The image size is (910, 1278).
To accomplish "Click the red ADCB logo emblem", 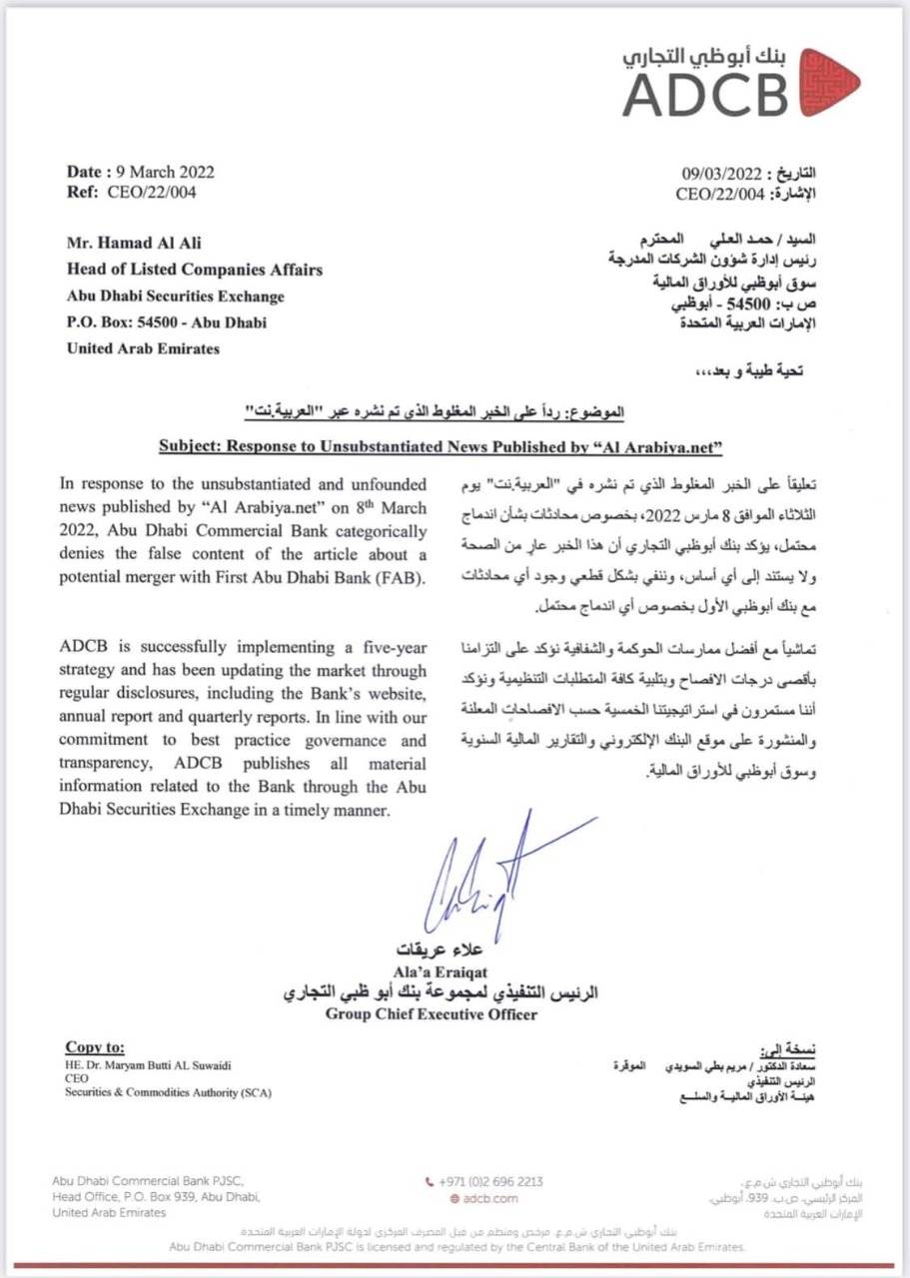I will coord(828,82).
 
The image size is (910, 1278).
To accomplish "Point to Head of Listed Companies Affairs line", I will coord(194,269).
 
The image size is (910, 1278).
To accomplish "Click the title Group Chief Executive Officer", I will coord(431,1015).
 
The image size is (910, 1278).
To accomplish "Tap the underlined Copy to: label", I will coord(95,1047).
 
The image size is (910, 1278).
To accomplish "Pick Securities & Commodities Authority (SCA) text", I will coord(168,1093).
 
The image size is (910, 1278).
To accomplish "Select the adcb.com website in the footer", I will coord(490,1198).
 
